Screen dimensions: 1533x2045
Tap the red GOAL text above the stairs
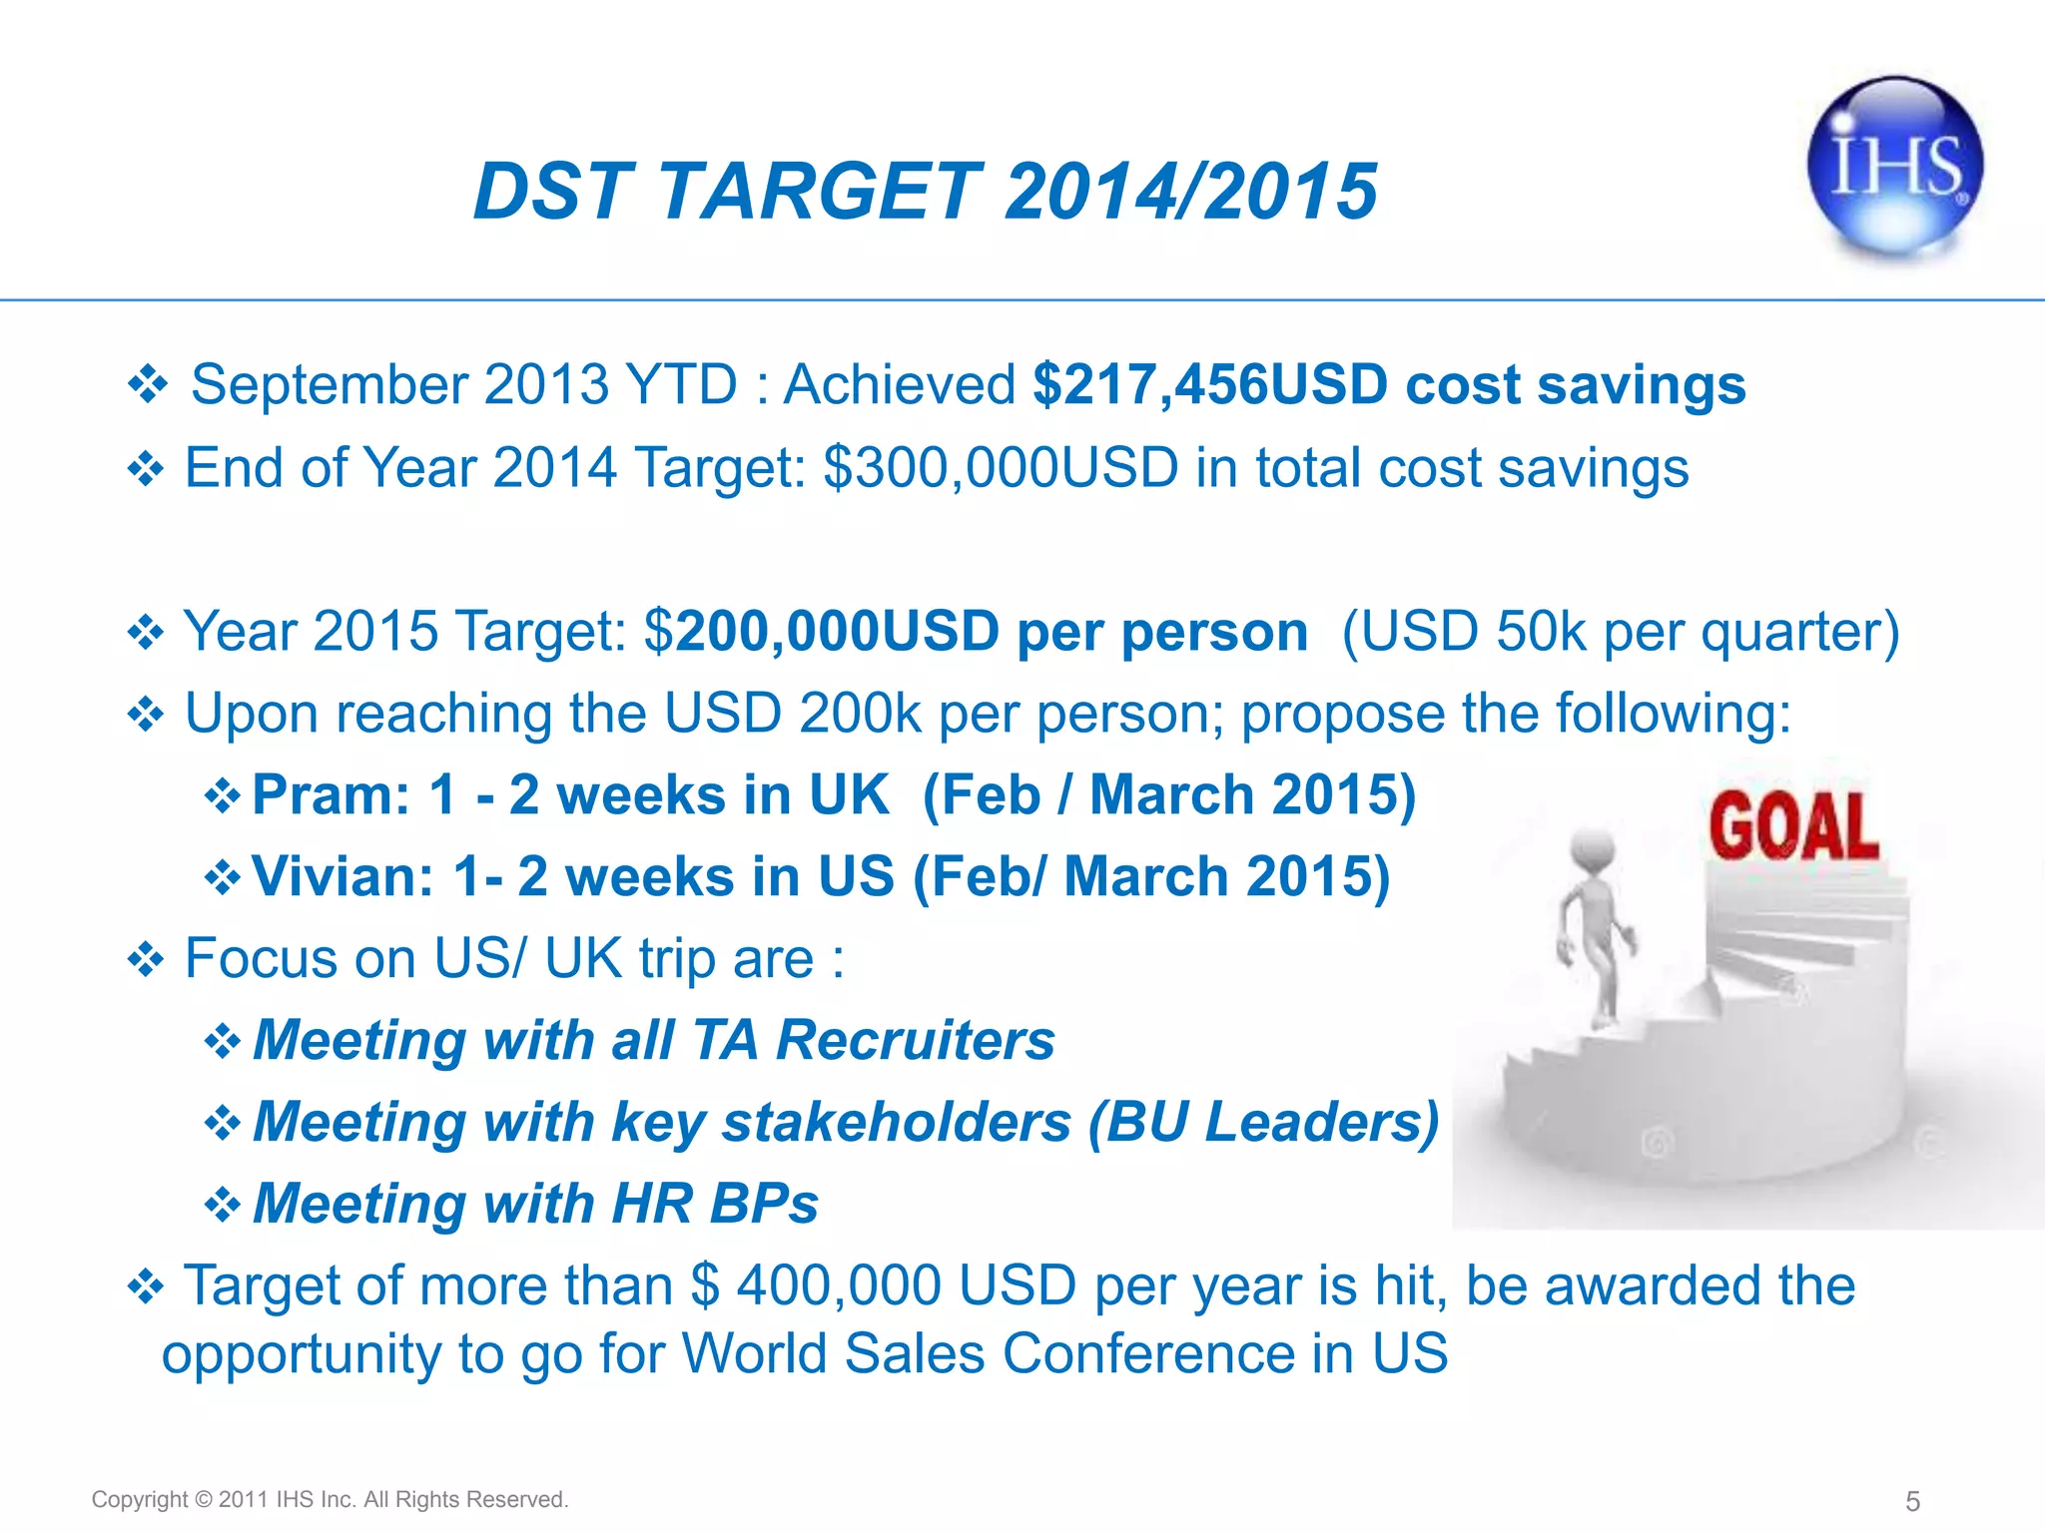tap(1793, 826)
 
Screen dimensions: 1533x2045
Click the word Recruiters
tap(915, 1040)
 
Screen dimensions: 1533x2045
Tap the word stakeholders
tap(896, 1122)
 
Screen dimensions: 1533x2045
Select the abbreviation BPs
tap(764, 1204)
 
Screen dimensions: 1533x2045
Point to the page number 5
tap(1912, 1501)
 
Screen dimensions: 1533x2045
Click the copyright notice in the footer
tap(330, 1499)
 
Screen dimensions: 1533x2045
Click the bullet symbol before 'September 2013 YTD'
tap(148, 385)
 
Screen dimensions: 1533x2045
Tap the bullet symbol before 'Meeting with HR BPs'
tap(222, 1205)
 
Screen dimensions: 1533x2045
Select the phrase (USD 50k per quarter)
tap(1620, 632)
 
